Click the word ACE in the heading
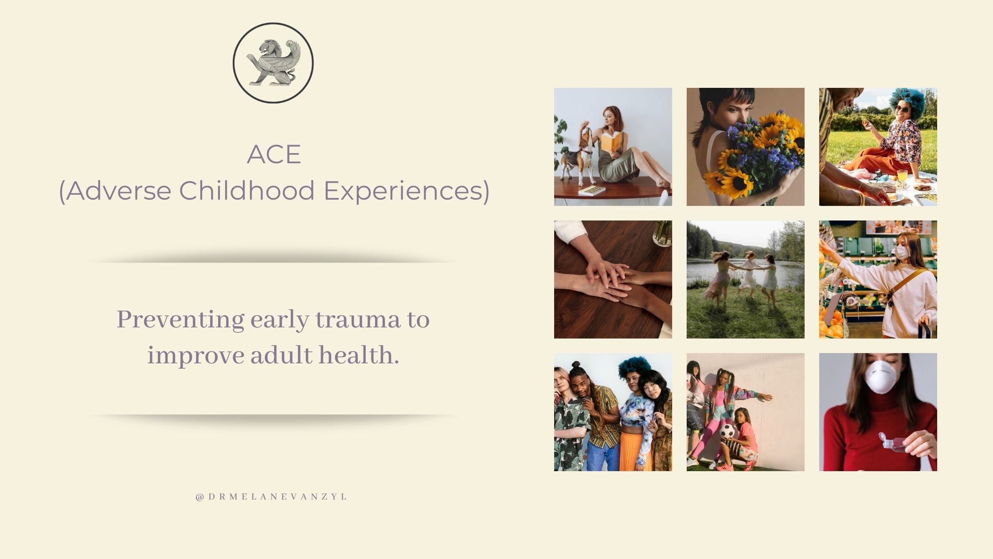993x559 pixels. point(274,154)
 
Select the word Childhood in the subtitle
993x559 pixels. point(247,190)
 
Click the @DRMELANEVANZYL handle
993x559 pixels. point(271,496)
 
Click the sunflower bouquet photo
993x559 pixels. point(745,147)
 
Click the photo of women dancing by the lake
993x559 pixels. point(745,279)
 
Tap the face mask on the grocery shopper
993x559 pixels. point(902,252)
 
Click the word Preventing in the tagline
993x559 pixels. point(180,320)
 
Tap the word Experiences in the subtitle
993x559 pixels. point(407,190)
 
